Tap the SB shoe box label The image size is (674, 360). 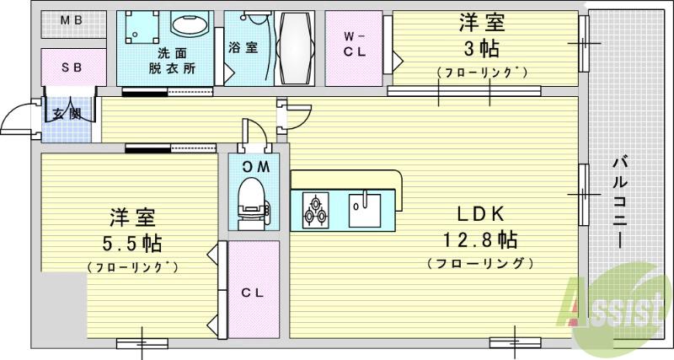pyautogui.click(x=72, y=67)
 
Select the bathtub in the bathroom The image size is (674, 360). pyautogui.click(x=294, y=47)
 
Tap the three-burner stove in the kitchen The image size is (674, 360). pyautogui.click(x=315, y=211)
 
